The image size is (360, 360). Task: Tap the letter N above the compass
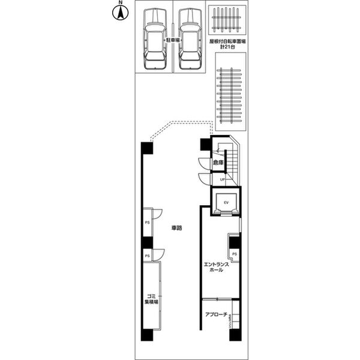119,4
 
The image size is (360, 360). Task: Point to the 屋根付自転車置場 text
228,42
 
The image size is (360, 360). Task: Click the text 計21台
228,48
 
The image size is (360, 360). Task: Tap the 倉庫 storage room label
217,162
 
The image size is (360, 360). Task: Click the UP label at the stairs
222,179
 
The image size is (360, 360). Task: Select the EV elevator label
227,203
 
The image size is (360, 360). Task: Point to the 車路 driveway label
176,228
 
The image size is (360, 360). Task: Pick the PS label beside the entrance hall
234,254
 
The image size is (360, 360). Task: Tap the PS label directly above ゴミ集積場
147,256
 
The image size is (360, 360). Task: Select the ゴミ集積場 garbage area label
151,299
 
